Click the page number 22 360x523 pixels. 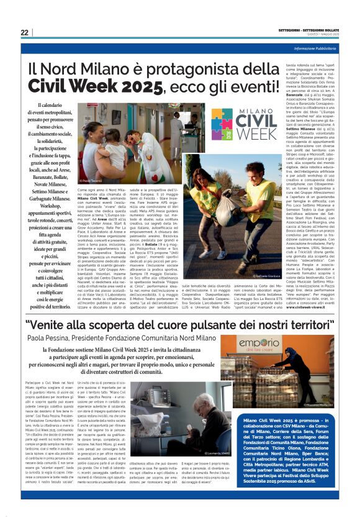coord(24,32)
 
